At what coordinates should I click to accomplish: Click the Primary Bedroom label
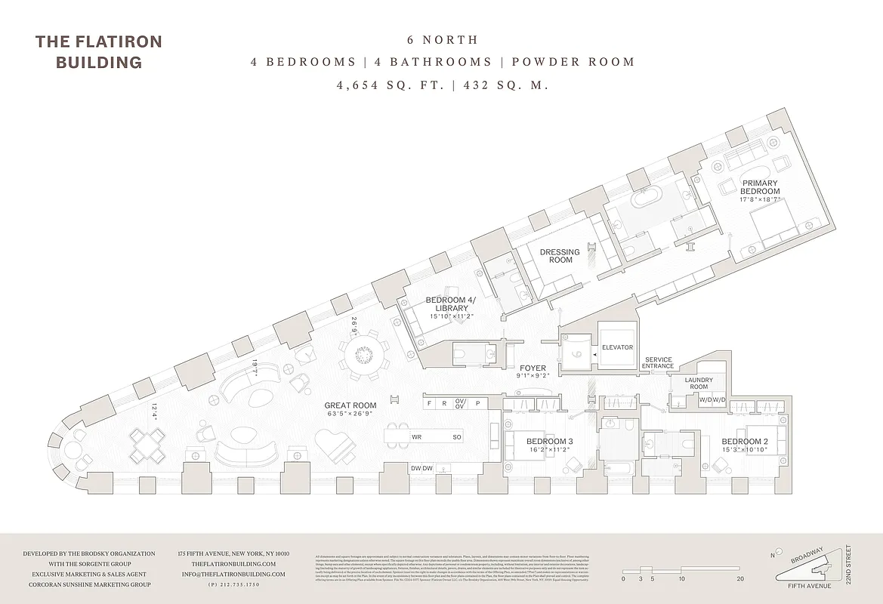(x=760, y=186)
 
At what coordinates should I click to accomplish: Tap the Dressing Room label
(x=560, y=256)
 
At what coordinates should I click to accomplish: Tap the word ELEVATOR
(x=618, y=347)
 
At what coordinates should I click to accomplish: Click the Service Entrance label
(x=658, y=363)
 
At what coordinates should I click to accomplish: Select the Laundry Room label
(x=699, y=383)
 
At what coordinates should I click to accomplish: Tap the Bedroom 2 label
(x=744, y=442)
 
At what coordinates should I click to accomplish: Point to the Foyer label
(x=533, y=368)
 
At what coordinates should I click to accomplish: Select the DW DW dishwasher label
(x=421, y=468)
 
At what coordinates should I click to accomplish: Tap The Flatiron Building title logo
(x=98, y=51)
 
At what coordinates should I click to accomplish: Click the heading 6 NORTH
(x=442, y=39)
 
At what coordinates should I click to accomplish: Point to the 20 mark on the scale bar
(x=740, y=579)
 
